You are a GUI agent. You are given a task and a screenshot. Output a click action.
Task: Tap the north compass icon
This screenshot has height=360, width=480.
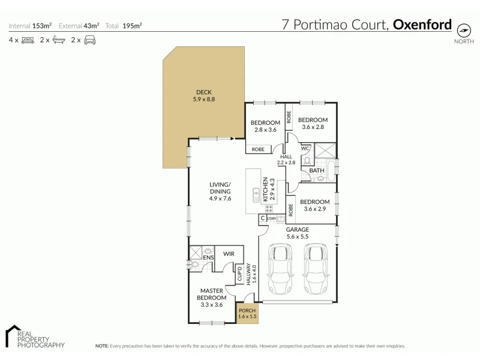(463, 30)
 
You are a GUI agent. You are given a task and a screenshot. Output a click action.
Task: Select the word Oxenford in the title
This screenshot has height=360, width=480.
(422, 25)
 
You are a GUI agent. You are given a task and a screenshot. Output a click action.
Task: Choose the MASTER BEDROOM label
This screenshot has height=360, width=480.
(212, 294)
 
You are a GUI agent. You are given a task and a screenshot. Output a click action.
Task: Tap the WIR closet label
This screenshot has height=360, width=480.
(228, 254)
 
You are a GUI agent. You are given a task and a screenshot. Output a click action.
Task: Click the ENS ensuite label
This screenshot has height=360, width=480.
(208, 258)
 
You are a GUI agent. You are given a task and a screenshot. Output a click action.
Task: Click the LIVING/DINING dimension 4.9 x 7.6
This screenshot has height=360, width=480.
(220, 198)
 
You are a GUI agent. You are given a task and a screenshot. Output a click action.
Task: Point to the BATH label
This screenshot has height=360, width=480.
(317, 170)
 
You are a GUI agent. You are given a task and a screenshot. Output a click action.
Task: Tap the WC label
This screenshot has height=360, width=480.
(305, 148)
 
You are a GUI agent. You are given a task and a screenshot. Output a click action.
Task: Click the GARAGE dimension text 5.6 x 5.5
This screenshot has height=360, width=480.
(297, 237)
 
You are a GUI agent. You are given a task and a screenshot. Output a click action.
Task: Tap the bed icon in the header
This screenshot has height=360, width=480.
(28, 40)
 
